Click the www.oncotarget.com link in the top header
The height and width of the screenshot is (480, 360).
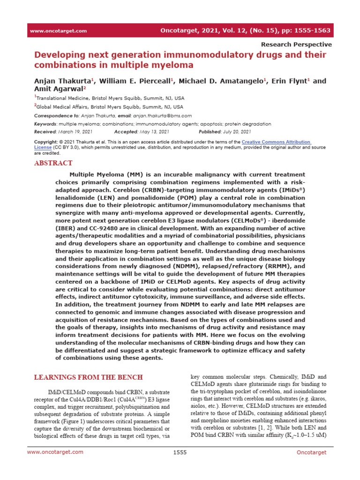point(58,31)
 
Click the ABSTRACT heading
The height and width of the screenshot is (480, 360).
point(53,163)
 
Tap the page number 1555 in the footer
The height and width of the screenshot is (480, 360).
point(180,465)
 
